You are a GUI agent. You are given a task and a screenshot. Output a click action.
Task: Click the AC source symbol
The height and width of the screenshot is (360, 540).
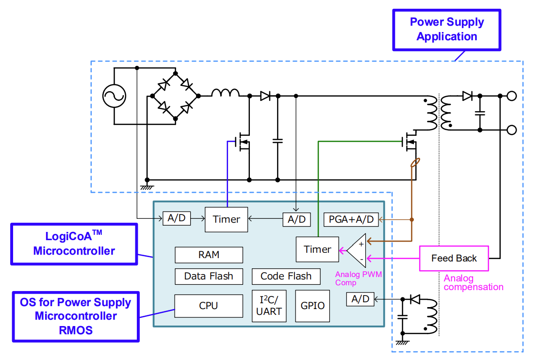click(114, 96)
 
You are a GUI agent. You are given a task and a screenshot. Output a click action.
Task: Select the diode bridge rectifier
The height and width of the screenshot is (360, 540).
click(176, 96)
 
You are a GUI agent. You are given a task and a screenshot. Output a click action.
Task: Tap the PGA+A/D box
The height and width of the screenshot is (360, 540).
click(351, 219)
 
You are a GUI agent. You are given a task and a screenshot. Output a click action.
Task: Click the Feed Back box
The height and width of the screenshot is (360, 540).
click(454, 259)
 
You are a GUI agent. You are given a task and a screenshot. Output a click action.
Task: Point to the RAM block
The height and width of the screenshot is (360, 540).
click(209, 255)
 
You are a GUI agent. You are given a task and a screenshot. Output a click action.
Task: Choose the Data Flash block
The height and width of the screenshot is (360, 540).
click(209, 277)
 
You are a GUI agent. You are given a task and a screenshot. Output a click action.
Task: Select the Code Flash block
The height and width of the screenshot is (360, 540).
click(286, 277)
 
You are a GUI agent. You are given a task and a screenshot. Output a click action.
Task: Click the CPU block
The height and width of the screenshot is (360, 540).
click(209, 306)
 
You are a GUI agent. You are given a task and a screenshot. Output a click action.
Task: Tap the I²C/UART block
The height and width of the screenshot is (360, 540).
click(269, 306)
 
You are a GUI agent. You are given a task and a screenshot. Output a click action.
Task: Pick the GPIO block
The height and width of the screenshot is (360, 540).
click(312, 306)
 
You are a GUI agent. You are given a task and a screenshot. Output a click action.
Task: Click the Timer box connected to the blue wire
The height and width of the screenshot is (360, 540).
click(226, 219)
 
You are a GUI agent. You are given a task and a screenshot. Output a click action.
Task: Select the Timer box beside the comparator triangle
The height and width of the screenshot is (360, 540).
click(317, 249)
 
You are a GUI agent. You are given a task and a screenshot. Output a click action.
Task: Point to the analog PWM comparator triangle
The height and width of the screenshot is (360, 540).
click(358, 250)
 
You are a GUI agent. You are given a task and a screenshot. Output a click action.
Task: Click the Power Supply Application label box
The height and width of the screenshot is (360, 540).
click(447, 29)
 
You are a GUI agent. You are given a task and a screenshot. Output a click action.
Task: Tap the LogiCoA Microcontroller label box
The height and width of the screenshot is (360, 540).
click(74, 244)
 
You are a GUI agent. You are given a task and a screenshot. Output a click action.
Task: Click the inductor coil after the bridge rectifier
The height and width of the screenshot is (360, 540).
click(225, 93)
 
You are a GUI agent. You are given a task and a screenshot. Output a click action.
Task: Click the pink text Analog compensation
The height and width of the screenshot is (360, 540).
click(474, 283)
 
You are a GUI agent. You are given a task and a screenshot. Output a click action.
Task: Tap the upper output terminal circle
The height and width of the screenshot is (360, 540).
click(511, 96)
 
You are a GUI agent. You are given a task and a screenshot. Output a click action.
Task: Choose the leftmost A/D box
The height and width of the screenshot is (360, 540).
click(176, 218)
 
